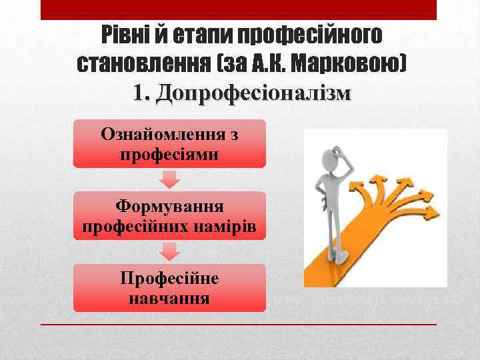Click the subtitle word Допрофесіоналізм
click(252, 94)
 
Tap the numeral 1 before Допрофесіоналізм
click(139, 94)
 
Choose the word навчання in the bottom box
click(169, 297)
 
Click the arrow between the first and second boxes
click(170, 179)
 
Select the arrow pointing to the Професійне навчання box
click(170, 251)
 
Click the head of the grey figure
click(331, 161)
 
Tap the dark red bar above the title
click(239, 9)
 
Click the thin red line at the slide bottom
click(239, 324)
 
